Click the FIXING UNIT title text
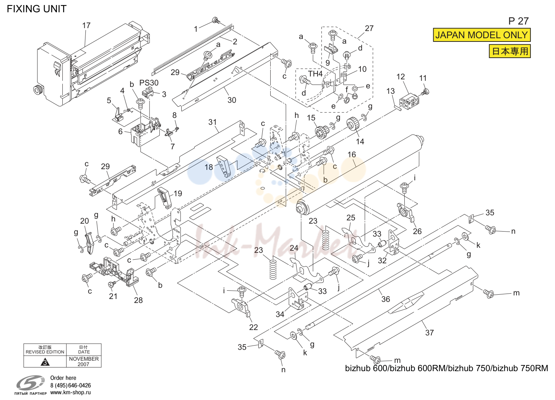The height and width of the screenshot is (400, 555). (x=37, y=9)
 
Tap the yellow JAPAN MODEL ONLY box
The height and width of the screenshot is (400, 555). (x=481, y=35)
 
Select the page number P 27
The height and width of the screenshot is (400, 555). (x=519, y=21)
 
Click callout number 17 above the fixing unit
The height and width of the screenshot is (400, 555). (x=86, y=25)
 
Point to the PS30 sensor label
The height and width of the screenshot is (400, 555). (x=148, y=83)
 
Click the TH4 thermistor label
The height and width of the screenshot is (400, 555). (x=315, y=74)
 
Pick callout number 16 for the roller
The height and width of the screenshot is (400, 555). (x=352, y=154)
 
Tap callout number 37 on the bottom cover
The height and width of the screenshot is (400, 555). (x=430, y=333)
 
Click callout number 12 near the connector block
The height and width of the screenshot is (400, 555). (x=401, y=76)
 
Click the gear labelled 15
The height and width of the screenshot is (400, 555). (x=321, y=132)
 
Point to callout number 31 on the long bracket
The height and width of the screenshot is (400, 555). (x=212, y=122)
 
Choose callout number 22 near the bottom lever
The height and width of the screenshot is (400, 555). (x=253, y=327)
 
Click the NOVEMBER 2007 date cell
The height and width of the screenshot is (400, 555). (x=84, y=361)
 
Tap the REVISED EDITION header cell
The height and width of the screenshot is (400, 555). (x=45, y=350)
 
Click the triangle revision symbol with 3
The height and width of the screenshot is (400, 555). (x=45, y=362)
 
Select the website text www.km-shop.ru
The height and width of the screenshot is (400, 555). (x=71, y=392)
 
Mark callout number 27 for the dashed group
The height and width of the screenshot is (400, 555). (x=369, y=28)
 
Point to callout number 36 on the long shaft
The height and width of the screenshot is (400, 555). (x=386, y=299)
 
